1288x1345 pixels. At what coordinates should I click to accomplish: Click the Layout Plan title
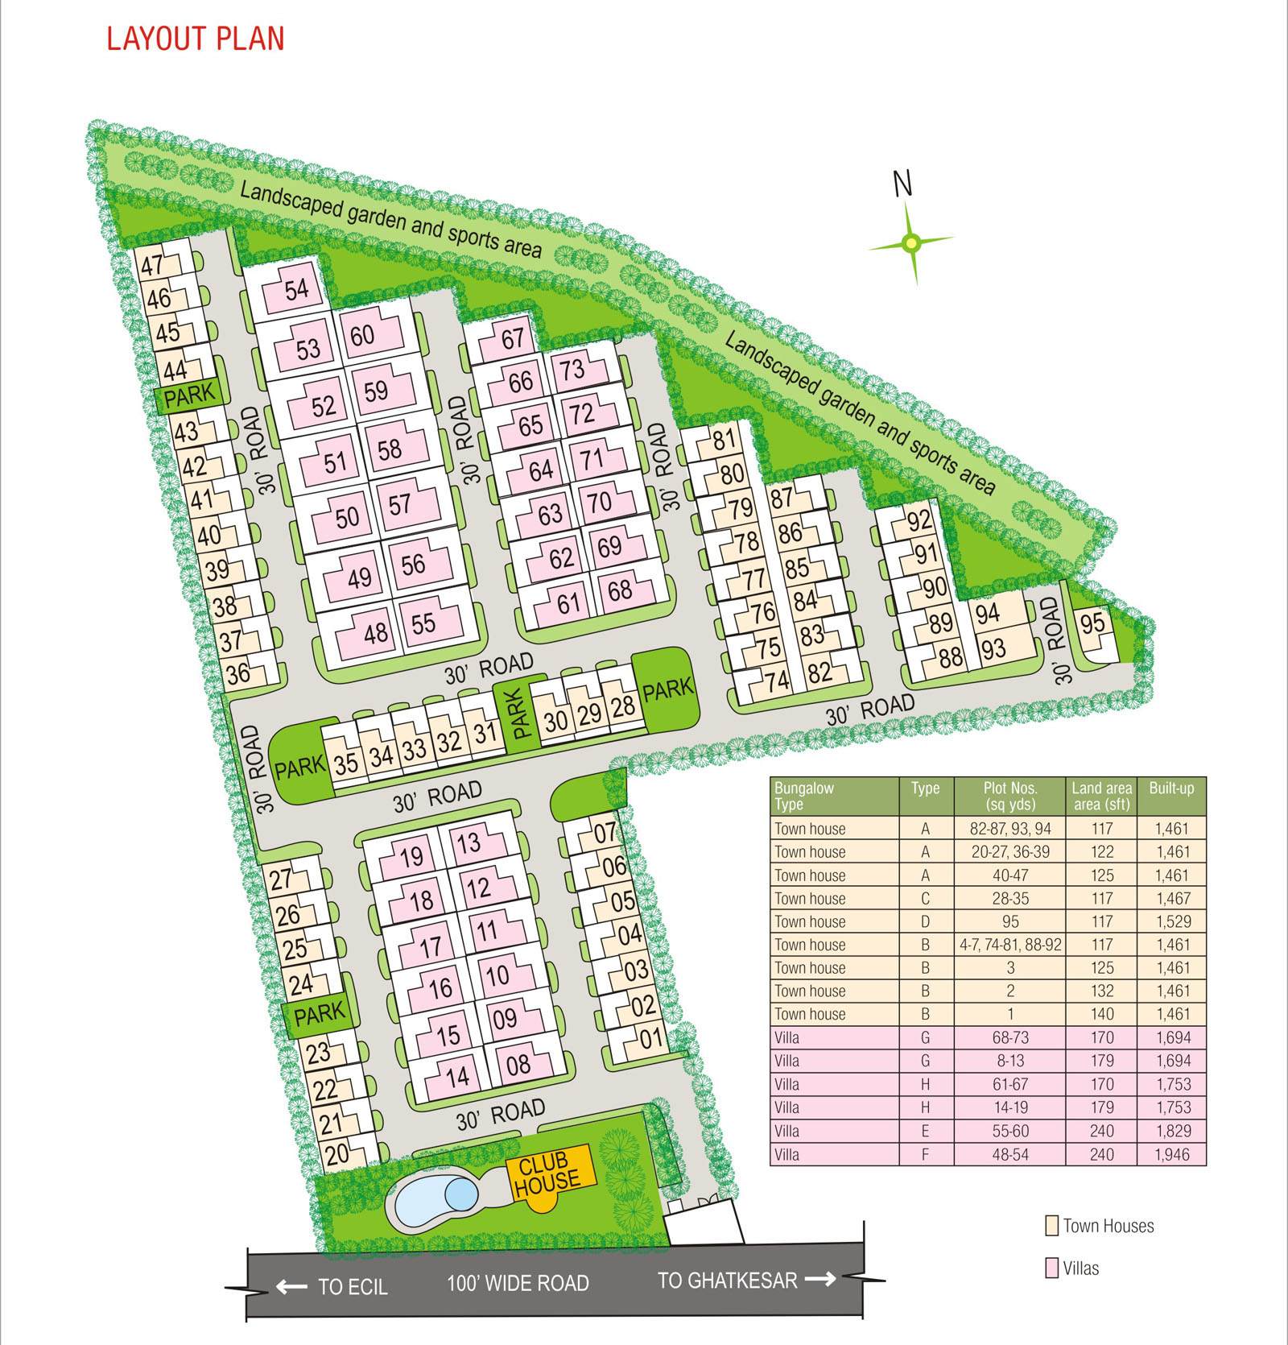click(x=196, y=39)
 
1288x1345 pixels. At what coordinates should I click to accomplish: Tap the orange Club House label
click(x=547, y=1173)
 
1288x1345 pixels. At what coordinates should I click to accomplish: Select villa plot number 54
click(x=296, y=290)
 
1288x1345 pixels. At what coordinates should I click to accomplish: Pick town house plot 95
click(x=1092, y=623)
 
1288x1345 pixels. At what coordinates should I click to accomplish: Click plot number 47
click(x=153, y=264)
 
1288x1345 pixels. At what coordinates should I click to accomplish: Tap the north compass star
click(x=911, y=241)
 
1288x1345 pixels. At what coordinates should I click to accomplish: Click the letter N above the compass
click(x=903, y=184)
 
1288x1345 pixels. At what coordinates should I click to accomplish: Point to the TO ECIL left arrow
click(x=291, y=1286)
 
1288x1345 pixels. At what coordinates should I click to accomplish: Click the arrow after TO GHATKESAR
click(x=820, y=1279)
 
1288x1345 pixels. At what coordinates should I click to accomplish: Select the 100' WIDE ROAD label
click(x=518, y=1283)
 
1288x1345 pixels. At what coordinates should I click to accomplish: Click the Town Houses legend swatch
click(x=1051, y=1226)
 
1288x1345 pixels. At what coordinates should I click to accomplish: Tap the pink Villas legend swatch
click(x=1051, y=1268)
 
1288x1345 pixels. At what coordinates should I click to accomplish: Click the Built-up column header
click(x=1171, y=788)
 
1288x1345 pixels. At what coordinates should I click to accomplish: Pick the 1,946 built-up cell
click(x=1171, y=1154)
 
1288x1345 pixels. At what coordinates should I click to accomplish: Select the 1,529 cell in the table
click(x=1171, y=921)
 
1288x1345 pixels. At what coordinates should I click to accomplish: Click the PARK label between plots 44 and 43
click(x=190, y=395)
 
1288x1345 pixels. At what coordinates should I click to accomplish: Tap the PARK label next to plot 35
click(x=299, y=768)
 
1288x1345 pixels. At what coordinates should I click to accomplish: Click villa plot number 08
click(x=518, y=1066)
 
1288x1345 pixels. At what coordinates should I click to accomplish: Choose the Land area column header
click(x=1101, y=796)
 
